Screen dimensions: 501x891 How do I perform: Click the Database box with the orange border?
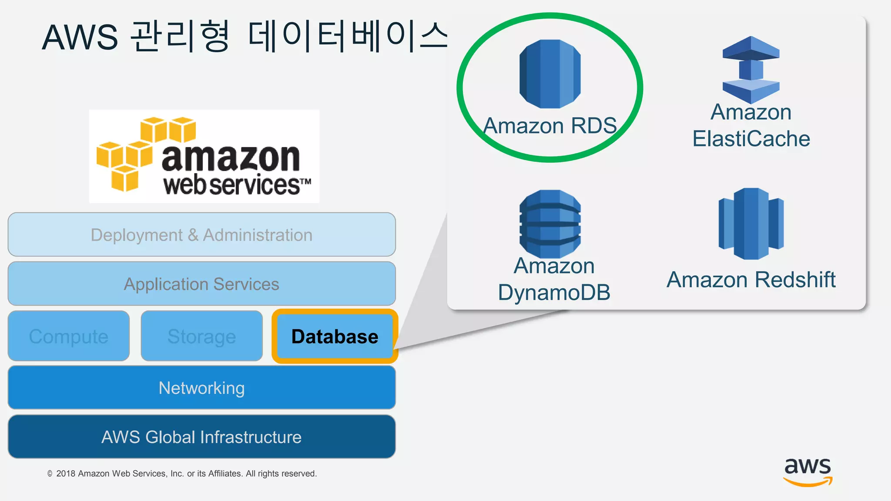coord(335,336)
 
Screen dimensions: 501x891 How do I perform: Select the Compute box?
coord(69,336)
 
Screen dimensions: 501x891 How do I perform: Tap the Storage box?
coord(201,336)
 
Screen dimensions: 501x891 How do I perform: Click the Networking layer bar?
coord(201,387)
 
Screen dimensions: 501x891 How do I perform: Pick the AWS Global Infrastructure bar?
coord(201,437)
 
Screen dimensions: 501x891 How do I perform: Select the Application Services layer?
coord(201,284)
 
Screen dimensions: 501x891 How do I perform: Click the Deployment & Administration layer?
coord(201,234)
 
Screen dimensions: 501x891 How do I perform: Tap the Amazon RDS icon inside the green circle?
coord(550,73)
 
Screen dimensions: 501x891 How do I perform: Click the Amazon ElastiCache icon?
coord(751,70)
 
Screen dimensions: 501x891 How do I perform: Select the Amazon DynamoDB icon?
coord(550,224)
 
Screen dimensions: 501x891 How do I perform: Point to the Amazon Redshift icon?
coord(751,224)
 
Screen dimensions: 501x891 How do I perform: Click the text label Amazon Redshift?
coord(751,279)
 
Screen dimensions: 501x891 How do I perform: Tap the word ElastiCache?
coord(751,139)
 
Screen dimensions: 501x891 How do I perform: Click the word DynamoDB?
coord(554,292)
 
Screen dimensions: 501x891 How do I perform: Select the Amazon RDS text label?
coord(550,126)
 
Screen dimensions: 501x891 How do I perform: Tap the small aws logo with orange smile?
coord(807,471)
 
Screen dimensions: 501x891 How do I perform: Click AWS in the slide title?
coord(80,37)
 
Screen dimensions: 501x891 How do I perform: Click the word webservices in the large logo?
coord(231,185)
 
